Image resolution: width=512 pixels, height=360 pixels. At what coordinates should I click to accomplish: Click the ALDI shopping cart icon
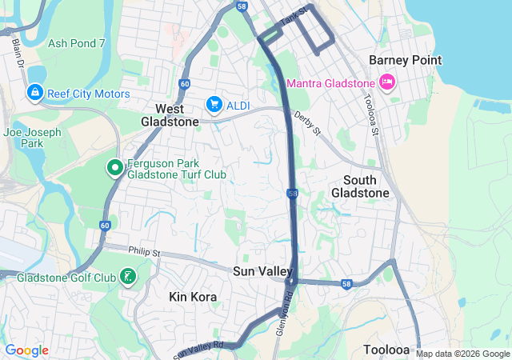tap(214, 104)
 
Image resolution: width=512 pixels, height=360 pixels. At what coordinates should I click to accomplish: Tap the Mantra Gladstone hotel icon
tap(387, 82)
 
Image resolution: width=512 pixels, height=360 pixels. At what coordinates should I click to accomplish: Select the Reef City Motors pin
tap(35, 94)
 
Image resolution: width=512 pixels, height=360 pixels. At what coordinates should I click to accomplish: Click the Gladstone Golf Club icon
tap(127, 277)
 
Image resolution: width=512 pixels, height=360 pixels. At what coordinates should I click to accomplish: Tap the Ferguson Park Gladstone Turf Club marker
tap(114, 168)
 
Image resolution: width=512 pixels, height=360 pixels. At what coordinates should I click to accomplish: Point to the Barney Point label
tap(405, 61)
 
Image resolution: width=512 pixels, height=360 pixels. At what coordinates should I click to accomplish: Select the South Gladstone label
tap(366, 186)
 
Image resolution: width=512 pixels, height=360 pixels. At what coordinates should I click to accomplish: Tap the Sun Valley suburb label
tap(262, 272)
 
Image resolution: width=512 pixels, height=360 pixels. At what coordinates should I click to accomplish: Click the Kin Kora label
tap(193, 297)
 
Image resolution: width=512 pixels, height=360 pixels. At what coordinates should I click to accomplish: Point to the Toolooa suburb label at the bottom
tap(386, 350)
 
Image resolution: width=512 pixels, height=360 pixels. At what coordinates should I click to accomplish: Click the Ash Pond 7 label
tap(76, 43)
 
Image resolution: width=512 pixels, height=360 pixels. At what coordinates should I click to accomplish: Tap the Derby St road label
tap(306, 123)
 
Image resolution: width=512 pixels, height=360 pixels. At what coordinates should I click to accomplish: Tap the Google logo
tap(26, 350)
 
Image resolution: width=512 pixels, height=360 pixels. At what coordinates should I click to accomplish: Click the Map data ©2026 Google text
tap(462, 354)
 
